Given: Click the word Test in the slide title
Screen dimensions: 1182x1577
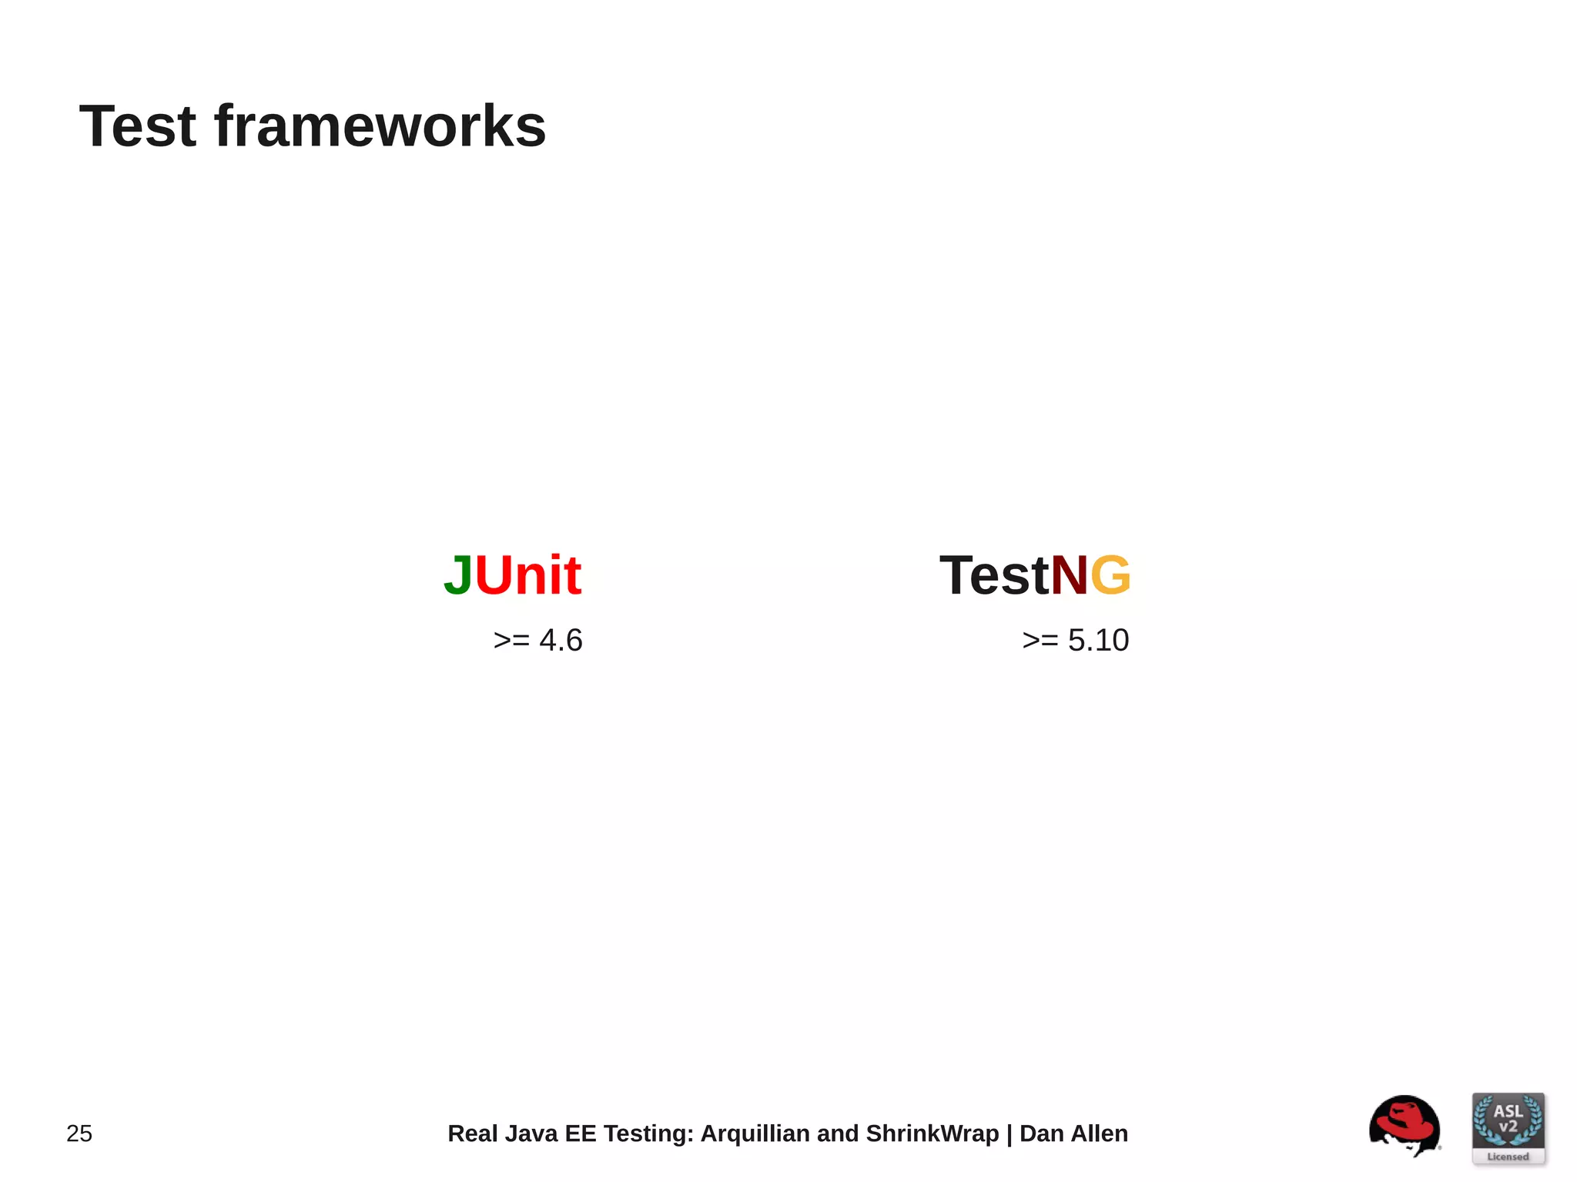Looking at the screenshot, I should pyautogui.click(x=138, y=126).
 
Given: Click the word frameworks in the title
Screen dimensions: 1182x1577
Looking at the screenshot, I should pyautogui.click(x=380, y=126).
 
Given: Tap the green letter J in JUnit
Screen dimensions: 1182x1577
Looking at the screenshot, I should pyautogui.click(x=458, y=576).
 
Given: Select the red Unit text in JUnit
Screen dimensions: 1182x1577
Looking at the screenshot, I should pyautogui.click(x=528, y=575).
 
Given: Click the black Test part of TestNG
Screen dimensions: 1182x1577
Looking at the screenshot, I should pyautogui.click(x=994, y=576).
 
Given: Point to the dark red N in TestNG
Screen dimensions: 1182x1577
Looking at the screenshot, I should pyautogui.click(x=1070, y=576).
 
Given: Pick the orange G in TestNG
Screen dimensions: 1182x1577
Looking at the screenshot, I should pyautogui.click(x=1111, y=576).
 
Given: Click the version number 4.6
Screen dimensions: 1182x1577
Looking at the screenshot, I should pyautogui.click(x=561, y=641).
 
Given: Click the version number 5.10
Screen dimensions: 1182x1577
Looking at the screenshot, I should pyautogui.click(x=1098, y=641).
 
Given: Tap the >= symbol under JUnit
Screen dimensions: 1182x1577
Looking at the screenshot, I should pyautogui.click(x=511, y=641).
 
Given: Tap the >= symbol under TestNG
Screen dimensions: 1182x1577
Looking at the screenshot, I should pyautogui.click(x=1040, y=641).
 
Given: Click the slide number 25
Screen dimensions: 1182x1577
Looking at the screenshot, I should pyautogui.click(x=79, y=1133).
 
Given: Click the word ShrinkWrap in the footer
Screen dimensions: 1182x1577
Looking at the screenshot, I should pyautogui.click(x=932, y=1133).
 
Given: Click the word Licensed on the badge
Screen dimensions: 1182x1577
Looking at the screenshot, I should pyautogui.click(x=1508, y=1157).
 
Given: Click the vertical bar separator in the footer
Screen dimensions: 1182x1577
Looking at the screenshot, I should pyautogui.click(x=1009, y=1133).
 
